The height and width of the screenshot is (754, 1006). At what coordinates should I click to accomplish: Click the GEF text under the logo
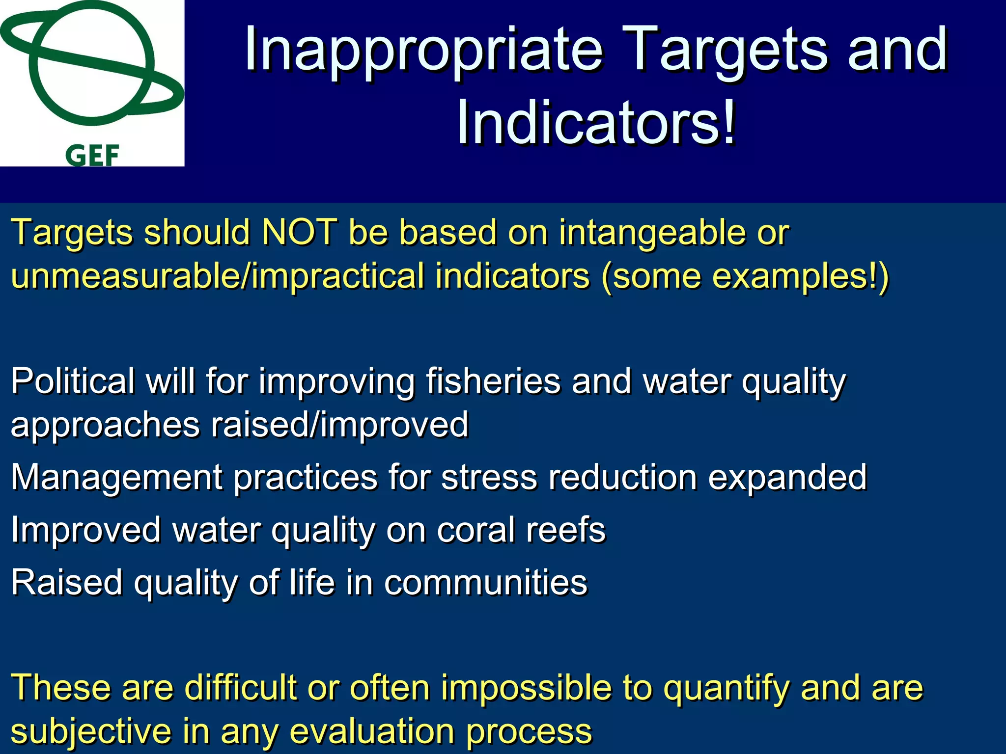tap(92, 156)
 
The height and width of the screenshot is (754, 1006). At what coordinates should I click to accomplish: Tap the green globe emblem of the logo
tap(91, 64)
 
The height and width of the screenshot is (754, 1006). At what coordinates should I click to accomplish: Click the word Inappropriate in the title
tap(423, 50)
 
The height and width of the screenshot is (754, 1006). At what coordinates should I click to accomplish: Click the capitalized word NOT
tap(299, 231)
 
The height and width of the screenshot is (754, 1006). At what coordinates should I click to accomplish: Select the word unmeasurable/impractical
tap(218, 276)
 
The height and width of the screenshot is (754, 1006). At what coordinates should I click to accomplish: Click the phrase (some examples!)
tap(745, 276)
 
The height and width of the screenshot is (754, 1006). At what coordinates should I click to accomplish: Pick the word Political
tap(73, 380)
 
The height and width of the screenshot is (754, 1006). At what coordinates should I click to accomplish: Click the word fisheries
tap(493, 380)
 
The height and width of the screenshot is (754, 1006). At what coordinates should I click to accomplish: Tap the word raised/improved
tap(339, 425)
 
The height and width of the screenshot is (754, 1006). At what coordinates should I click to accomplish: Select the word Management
tap(117, 478)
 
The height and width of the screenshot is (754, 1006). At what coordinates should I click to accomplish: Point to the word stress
tap(489, 478)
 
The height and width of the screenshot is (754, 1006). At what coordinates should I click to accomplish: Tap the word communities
tap(485, 582)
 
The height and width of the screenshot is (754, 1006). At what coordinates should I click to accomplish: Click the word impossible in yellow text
tap(526, 687)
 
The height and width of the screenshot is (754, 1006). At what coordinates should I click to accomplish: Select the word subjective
tap(91, 731)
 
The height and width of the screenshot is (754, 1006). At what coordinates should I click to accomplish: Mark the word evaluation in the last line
tap(372, 731)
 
